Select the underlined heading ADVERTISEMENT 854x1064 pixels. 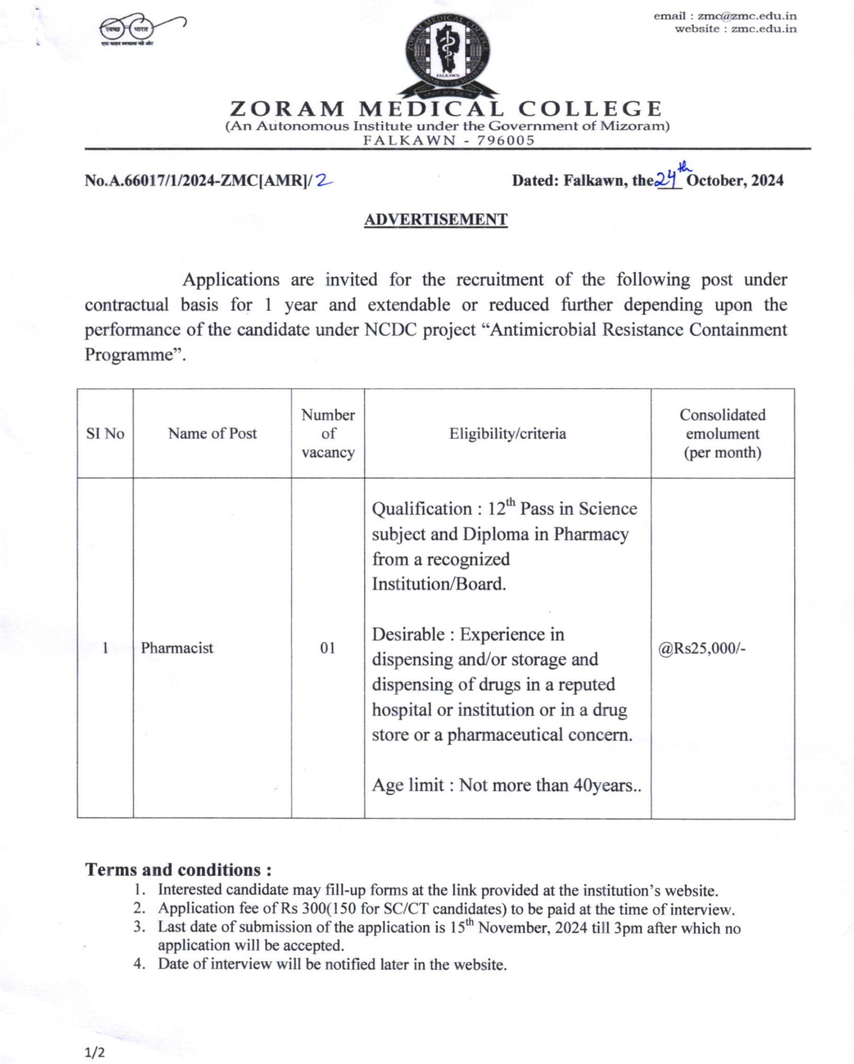point(436,220)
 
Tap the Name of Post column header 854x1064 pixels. point(212,433)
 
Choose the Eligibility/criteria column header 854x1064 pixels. point(507,433)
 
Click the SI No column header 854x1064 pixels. point(105,433)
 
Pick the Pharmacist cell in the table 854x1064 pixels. point(177,647)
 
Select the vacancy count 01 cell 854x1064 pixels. point(328,647)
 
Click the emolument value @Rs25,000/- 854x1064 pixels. point(702,647)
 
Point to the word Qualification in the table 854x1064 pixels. point(421,509)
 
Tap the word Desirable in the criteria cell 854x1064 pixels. point(408,634)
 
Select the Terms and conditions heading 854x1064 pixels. point(178,869)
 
